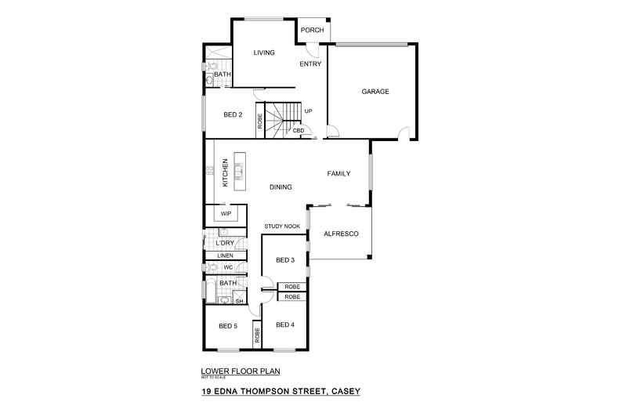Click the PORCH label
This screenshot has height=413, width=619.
tap(313, 31)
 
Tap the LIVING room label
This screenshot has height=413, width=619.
tap(264, 53)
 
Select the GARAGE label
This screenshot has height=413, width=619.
tap(375, 92)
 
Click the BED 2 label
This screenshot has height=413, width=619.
tap(233, 114)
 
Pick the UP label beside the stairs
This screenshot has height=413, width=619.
tap(308, 111)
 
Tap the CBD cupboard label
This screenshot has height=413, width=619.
tap(299, 130)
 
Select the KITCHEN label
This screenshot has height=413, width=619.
tap(225, 172)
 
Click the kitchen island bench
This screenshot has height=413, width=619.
tap(239, 167)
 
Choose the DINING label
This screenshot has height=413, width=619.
tap(281, 187)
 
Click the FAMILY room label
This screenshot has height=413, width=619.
tap(338, 173)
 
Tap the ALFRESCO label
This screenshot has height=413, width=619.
tap(341, 234)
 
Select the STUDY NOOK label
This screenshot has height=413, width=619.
tap(282, 226)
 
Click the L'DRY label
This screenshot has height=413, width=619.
tap(225, 243)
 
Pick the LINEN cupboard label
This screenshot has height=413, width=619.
tap(225, 255)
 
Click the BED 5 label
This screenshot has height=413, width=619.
tap(227, 326)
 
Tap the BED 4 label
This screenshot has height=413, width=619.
tap(285, 325)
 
